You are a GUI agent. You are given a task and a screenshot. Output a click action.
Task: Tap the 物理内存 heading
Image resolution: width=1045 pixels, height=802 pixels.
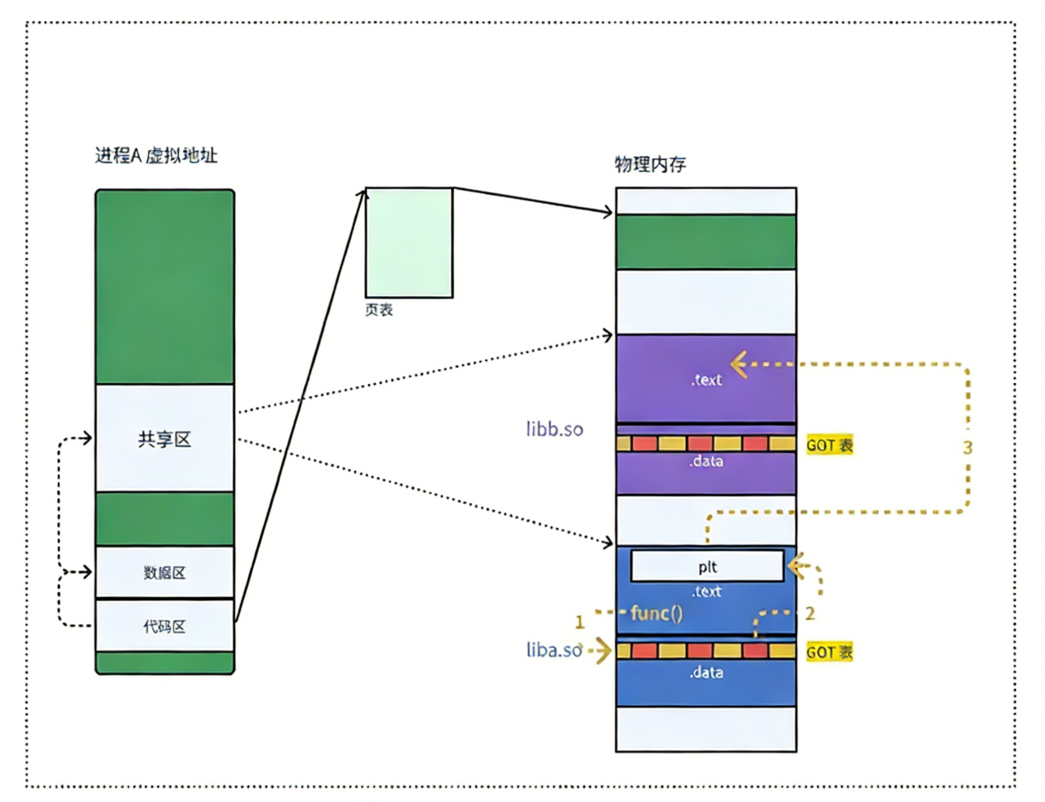click(650, 165)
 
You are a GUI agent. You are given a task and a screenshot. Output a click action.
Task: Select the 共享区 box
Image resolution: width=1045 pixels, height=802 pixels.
click(164, 439)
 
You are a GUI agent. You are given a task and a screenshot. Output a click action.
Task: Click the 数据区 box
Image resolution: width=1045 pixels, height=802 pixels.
click(164, 573)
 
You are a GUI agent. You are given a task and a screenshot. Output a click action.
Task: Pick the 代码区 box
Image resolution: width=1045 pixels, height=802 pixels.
click(164, 627)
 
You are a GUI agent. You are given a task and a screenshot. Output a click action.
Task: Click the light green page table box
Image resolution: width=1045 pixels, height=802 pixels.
click(409, 242)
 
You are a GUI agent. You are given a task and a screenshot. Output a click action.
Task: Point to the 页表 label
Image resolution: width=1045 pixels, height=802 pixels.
click(379, 311)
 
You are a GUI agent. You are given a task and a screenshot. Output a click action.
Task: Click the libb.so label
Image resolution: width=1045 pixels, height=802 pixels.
click(554, 429)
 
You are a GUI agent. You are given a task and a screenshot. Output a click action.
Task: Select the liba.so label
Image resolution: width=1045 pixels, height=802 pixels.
click(554, 651)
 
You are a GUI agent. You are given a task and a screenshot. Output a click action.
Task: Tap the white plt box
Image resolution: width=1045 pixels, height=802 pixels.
click(707, 565)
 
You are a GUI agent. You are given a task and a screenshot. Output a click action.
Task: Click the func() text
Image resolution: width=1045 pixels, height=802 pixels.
click(657, 612)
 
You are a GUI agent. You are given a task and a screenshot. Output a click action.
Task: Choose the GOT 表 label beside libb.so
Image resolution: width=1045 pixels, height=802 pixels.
click(830, 445)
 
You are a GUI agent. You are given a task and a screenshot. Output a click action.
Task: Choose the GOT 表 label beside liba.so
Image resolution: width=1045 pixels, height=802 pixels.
click(830, 652)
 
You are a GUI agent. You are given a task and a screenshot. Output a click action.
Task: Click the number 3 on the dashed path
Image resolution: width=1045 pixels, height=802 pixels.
click(967, 449)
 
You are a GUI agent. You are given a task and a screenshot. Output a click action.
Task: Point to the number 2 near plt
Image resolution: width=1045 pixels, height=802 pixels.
click(810, 611)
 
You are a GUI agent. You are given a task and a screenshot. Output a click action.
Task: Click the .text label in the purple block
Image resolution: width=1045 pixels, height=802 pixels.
click(706, 381)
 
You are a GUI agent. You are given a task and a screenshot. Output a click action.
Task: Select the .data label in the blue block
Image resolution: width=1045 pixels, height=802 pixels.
click(706, 673)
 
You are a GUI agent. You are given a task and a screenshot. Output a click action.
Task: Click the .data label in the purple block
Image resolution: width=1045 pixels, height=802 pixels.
click(706, 462)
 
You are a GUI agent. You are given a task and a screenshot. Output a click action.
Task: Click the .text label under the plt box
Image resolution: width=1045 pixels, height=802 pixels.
click(706, 591)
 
